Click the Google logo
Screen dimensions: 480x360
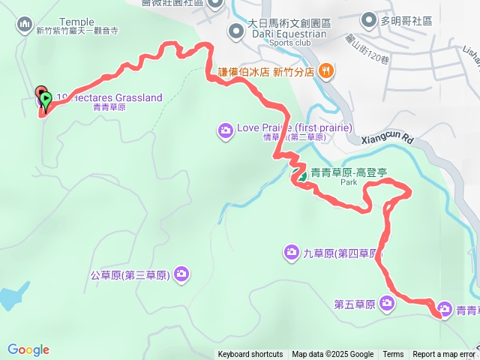coord(28,349)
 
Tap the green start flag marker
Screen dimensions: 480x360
coord(46,98)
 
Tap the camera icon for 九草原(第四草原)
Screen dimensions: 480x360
coord(291,250)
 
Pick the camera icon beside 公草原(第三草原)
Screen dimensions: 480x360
coord(181,274)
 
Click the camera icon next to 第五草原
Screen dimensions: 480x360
coord(386,303)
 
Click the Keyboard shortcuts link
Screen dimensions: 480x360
coord(250,355)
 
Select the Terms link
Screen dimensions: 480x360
coord(393,355)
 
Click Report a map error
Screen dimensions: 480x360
coord(443,355)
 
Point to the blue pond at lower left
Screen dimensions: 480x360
coord(7,298)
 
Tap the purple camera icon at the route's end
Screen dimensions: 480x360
coord(444,309)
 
